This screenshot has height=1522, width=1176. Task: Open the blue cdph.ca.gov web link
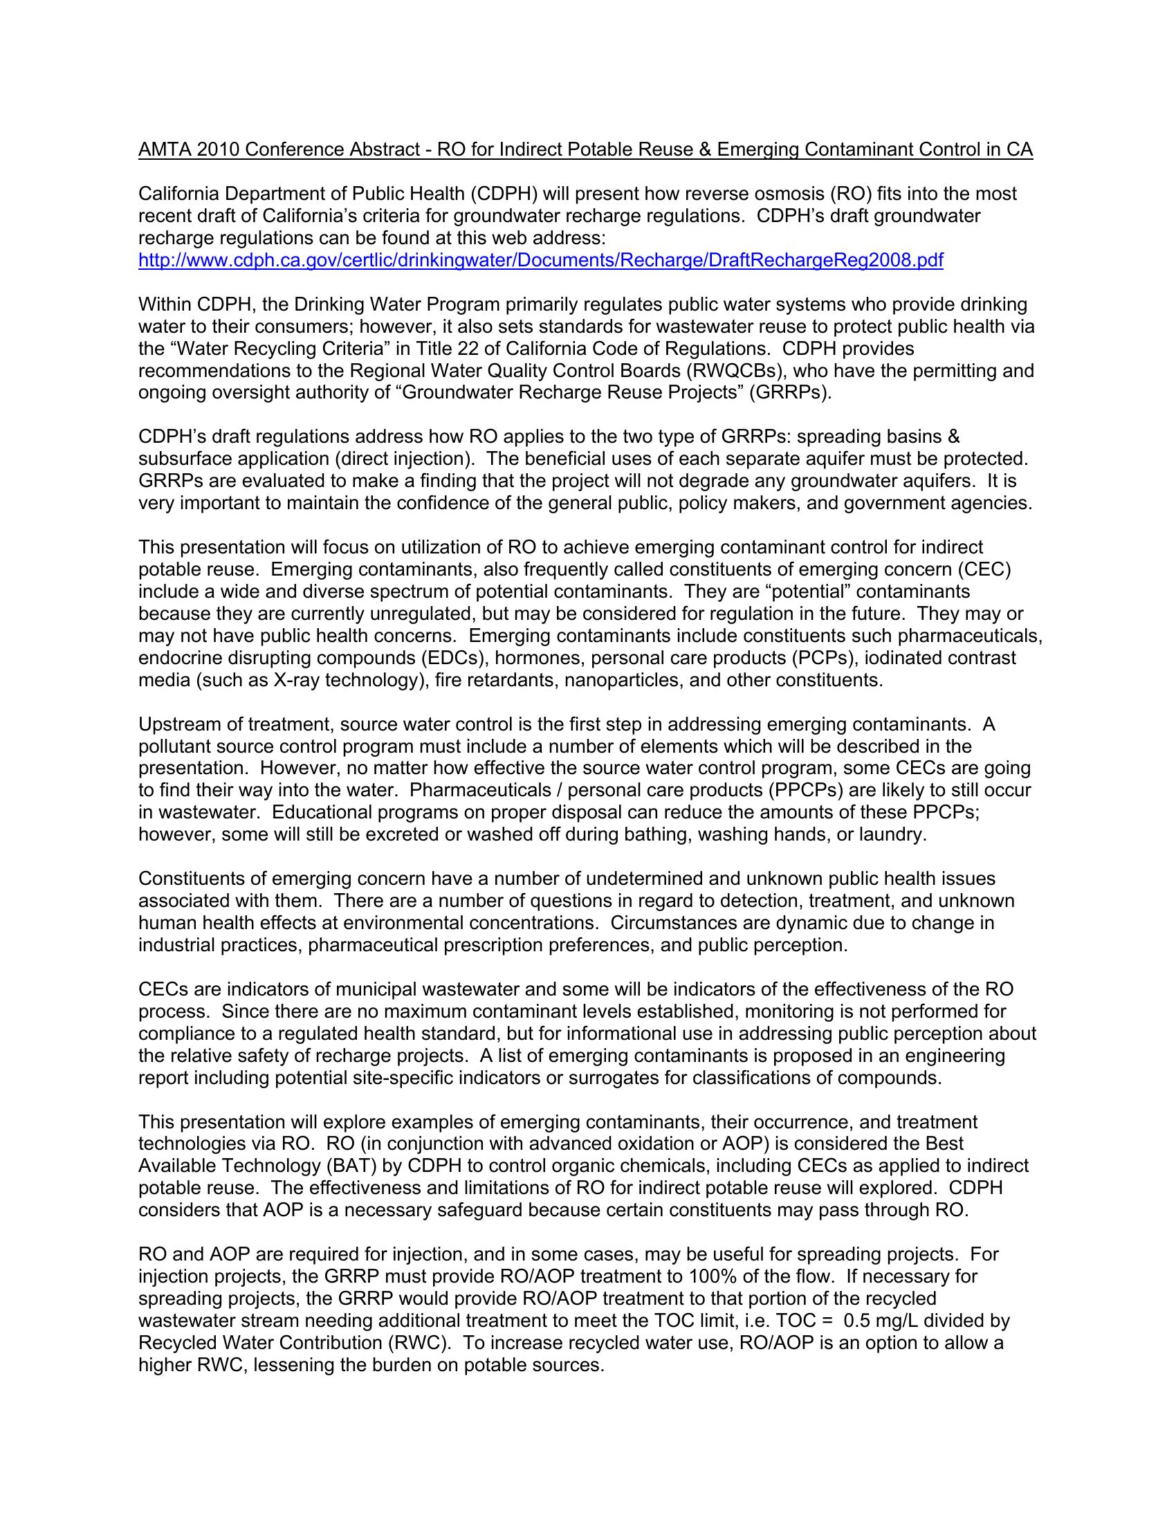(x=541, y=261)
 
